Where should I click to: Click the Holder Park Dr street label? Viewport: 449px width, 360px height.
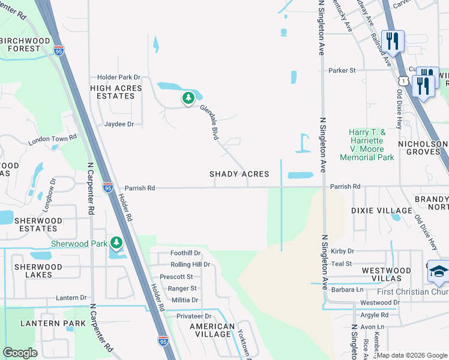pos(119,77)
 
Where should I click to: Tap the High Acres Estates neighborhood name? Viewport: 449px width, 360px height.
pos(116,92)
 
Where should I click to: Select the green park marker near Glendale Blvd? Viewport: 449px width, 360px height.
pos(188,98)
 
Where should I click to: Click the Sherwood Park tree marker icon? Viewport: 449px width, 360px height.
pos(116,242)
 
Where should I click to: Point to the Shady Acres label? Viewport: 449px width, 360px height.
pos(239,174)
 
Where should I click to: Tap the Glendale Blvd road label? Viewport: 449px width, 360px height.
pos(209,122)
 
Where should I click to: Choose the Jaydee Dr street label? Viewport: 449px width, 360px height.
pos(119,124)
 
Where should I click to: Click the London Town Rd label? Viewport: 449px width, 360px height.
pos(53,140)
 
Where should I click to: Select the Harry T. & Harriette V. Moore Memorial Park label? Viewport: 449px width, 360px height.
pos(367,145)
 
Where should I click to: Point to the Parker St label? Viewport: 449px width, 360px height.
pos(342,70)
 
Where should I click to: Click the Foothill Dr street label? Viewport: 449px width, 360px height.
pos(185,253)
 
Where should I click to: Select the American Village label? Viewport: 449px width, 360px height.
pos(212,331)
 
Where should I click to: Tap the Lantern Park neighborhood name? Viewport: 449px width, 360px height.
pos(48,323)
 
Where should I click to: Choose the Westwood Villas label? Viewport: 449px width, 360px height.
pos(386,274)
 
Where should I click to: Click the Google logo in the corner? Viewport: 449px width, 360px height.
pos(20,352)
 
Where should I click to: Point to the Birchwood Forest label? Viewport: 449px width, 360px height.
pos(25,44)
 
